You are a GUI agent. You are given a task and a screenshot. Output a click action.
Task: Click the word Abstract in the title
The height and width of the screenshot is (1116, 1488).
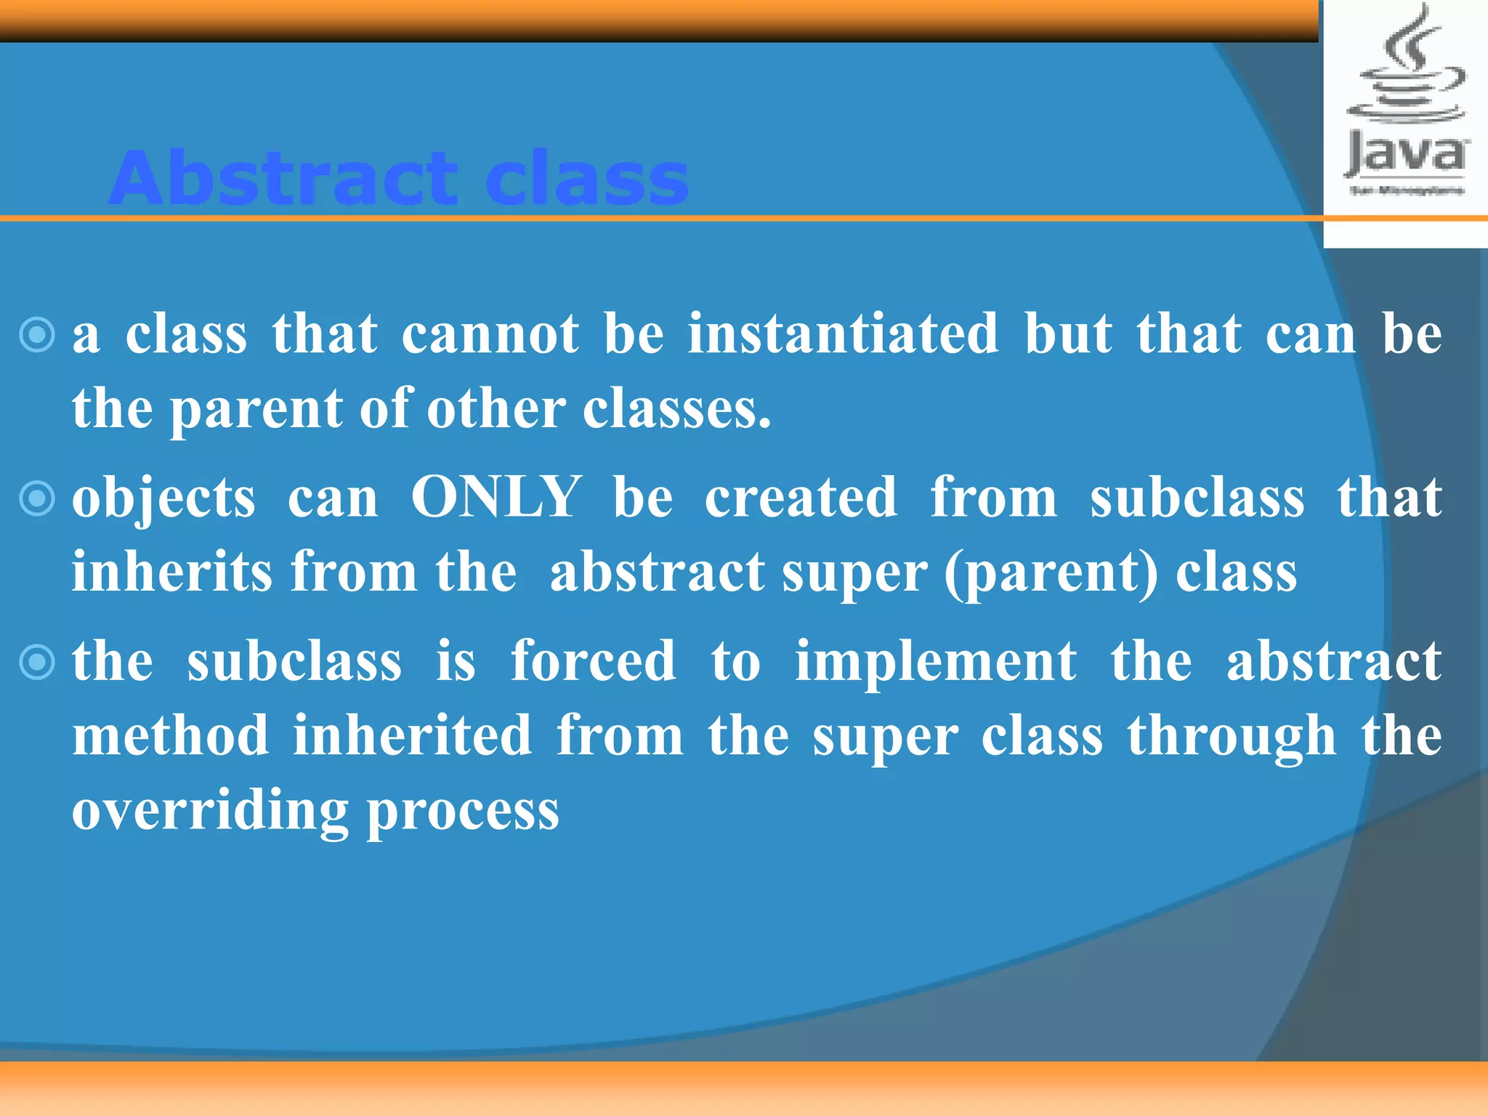coord(283,179)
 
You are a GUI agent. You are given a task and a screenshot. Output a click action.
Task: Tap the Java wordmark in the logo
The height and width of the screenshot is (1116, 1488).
coord(1406,154)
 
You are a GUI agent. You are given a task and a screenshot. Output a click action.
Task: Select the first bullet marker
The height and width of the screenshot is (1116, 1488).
coord(37,336)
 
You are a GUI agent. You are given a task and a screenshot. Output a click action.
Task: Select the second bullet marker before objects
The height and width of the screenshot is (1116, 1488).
coord(37,499)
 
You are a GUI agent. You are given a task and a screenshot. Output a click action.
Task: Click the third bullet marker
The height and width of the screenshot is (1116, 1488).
coord(37,663)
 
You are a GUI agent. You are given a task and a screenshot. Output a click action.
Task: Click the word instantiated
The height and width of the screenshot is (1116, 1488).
coord(844,334)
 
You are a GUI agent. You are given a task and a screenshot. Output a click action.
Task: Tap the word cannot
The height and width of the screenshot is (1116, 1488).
coord(490,334)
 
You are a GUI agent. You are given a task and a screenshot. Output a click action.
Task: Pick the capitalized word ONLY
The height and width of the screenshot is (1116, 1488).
coord(496,498)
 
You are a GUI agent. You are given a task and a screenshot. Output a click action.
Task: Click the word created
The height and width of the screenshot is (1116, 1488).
coord(801,498)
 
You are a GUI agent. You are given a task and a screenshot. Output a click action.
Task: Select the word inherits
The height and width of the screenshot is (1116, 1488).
coord(172,572)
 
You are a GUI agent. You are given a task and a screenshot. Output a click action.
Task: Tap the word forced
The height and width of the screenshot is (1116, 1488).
coord(593,661)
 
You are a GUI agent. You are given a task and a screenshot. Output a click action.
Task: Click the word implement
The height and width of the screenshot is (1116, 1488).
coord(936,663)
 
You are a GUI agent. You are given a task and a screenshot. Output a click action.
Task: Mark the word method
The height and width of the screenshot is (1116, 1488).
coord(171,735)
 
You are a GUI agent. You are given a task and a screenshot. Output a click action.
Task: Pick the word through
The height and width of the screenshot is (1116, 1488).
coord(1232,737)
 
